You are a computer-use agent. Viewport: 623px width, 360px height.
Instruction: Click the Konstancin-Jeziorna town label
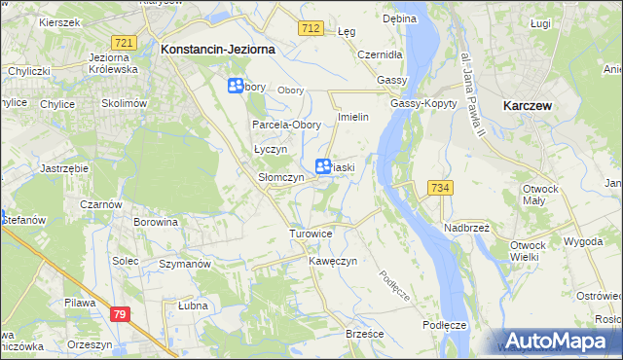pyautogui.click(x=218, y=48)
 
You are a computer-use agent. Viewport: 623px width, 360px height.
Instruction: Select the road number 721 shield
pyautogui.click(x=123, y=43)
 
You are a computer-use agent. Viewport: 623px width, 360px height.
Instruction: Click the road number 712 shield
pyautogui.click(x=311, y=30)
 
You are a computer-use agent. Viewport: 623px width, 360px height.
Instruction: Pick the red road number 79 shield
pyautogui.click(x=120, y=313)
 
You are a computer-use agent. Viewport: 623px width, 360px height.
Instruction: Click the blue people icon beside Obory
pyautogui.click(x=236, y=87)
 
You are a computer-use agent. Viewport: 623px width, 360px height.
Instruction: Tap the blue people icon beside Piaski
pyautogui.click(x=322, y=167)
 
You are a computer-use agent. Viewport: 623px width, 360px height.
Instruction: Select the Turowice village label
pyautogui.click(x=311, y=234)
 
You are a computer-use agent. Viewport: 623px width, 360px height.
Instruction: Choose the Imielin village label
pyautogui.click(x=351, y=117)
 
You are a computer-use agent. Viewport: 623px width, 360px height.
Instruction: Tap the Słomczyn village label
pyautogui.click(x=280, y=178)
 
